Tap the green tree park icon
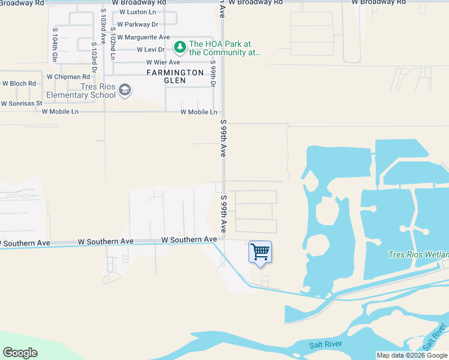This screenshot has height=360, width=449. click(179, 46)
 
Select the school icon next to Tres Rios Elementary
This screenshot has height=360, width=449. click(125, 90)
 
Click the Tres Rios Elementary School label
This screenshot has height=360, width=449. click(81, 91)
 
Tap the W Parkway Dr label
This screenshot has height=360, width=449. click(137, 25)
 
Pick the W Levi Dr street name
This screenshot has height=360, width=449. click(151, 50)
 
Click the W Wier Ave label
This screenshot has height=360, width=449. click(163, 62)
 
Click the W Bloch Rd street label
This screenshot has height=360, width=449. click(19, 83)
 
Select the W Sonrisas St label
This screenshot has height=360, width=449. click(21, 103)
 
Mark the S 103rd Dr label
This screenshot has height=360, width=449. click(94, 58)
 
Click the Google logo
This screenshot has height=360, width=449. click(20, 353)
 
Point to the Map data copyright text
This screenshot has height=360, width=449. click(411, 355)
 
